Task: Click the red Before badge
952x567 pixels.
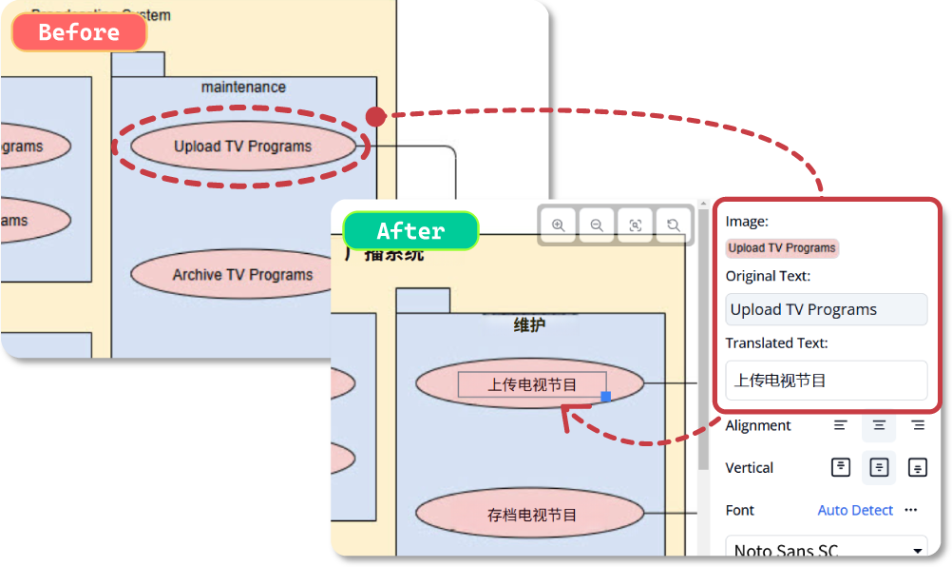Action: click(79, 32)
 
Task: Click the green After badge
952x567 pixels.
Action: click(410, 231)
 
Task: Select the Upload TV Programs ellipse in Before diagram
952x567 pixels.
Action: click(242, 147)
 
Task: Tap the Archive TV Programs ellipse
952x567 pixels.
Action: click(242, 275)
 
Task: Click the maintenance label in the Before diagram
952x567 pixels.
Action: click(243, 88)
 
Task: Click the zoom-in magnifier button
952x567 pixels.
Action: click(559, 225)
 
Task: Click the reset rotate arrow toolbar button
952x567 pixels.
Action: click(673, 225)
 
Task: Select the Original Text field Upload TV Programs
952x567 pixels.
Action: click(826, 309)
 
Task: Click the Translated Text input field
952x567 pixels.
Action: click(826, 381)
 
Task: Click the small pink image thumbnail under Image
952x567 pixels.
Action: click(782, 248)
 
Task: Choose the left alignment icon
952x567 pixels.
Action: click(841, 425)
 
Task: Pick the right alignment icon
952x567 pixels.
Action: click(917, 425)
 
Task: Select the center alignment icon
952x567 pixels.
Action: click(879, 425)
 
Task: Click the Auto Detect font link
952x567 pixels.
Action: click(855, 510)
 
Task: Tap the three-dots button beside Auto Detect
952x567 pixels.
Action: click(911, 510)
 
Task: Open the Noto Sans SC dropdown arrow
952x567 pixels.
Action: click(917, 551)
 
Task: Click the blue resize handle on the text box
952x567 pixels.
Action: click(606, 396)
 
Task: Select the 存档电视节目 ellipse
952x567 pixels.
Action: click(531, 515)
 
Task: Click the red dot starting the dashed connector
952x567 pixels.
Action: click(376, 117)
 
